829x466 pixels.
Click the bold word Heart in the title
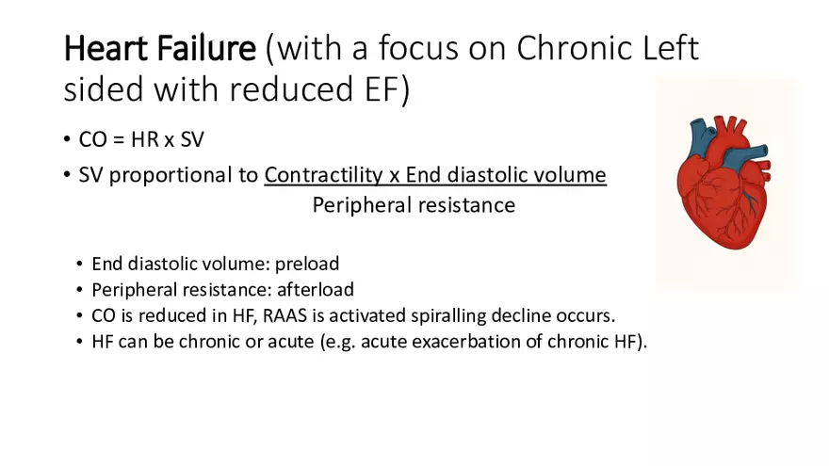[x=106, y=48]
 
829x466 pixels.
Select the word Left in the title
[x=671, y=48]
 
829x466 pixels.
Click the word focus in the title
[x=418, y=48]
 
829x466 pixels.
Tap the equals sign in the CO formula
[x=119, y=140]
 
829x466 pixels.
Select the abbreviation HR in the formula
[x=145, y=139]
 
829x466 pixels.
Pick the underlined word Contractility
[x=323, y=175]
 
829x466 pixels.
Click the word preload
[x=307, y=264]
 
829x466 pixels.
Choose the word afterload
[x=316, y=290]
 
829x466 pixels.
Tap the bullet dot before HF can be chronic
[x=79, y=342]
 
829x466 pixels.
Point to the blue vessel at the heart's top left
[x=699, y=137]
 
